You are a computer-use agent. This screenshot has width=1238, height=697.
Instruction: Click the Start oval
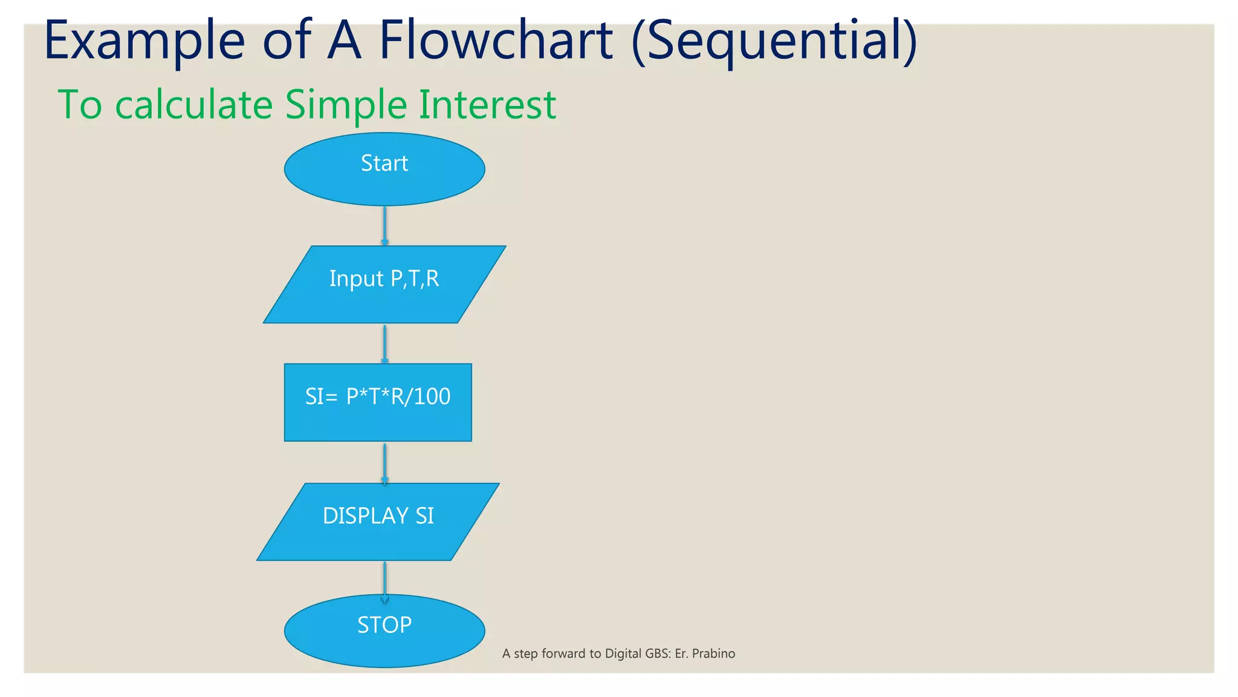point(384,169)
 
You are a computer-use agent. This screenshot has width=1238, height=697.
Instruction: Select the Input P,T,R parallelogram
point(384,284)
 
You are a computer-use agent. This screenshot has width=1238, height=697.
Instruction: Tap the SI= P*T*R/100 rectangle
point(378,402)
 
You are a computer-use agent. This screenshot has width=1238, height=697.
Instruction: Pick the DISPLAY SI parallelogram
point(378,522)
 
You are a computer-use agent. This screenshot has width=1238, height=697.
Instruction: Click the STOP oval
point(384,630)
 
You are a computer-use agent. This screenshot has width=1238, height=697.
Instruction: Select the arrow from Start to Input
point(384,226)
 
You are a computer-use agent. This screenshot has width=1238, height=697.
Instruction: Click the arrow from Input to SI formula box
point(384,344)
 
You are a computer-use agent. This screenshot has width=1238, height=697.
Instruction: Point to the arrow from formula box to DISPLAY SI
point(384,463)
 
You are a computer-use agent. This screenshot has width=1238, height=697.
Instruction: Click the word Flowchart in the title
point(496,41)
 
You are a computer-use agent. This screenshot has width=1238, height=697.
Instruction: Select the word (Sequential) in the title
point(774,41)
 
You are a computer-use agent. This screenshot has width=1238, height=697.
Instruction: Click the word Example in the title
point(144,41)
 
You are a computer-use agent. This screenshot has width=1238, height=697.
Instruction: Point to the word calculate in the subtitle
point(193,105)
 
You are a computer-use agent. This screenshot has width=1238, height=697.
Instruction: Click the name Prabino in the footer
point(713,653)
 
